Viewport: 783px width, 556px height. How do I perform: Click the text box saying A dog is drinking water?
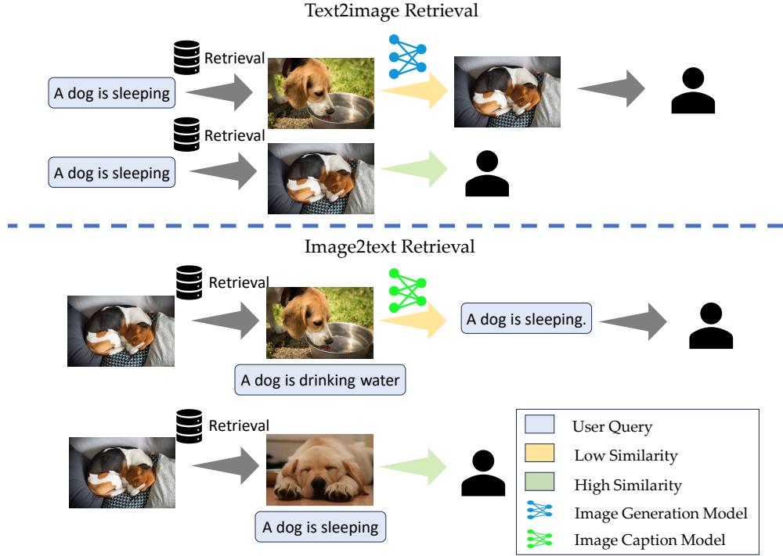pos(320,381)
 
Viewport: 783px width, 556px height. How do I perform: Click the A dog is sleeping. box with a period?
pos(525,319)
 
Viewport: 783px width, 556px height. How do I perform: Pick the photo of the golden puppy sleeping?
pos(320,470)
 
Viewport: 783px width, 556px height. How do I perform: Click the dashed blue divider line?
pos(391,227)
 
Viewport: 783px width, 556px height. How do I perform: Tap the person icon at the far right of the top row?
pos(693,91)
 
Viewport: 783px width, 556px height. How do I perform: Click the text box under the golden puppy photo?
pos(320,526)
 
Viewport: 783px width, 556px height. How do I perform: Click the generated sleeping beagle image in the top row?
pos(507,91)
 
